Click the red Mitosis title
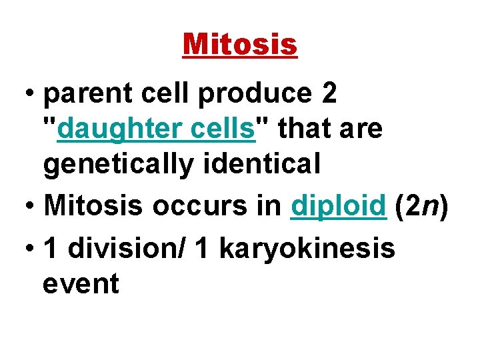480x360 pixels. tap(240, 45)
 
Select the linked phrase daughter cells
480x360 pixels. tap(157, 129)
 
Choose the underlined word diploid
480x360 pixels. tap(339, 207)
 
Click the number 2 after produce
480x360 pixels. tap(329, 95)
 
